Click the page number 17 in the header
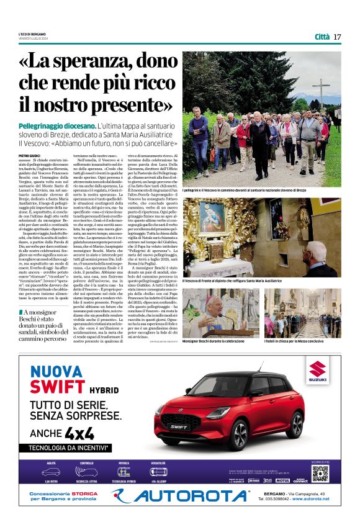coord(337,37)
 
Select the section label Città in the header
coord(322,37)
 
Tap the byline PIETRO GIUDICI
coord(29,156)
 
